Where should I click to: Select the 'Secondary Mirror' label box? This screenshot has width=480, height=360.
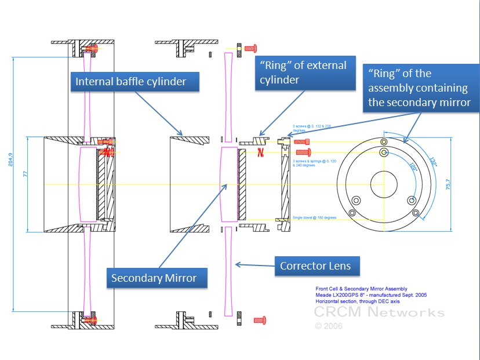coord(154,278)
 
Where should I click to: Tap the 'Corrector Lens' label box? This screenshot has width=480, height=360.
coord(315,266)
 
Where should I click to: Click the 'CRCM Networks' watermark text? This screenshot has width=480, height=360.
coord(379,312)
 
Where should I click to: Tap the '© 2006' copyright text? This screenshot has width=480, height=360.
coord(329,326)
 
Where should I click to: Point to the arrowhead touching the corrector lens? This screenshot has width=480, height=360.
coord(237,265)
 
